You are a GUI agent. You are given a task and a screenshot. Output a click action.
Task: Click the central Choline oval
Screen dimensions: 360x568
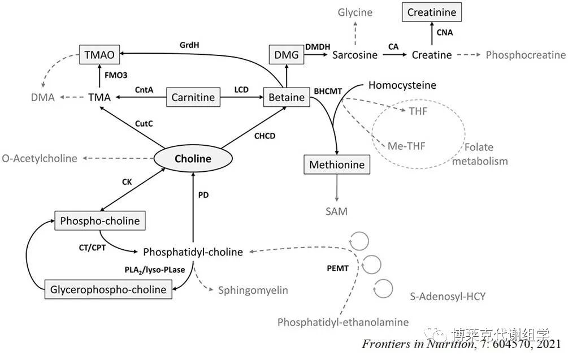point(193,159)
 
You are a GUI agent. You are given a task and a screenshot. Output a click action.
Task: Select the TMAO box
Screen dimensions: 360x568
point(99,55)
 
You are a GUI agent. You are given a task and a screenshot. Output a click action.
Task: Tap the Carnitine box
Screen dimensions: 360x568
point(193,97)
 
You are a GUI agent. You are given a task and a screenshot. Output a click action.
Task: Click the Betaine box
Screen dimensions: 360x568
point(287,97)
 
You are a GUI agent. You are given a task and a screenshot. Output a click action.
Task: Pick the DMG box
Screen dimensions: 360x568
point(287,55)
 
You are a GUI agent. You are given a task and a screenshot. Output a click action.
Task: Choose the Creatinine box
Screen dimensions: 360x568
point(431,12)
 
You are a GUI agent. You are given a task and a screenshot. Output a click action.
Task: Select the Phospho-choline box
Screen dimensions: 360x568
point(99,220)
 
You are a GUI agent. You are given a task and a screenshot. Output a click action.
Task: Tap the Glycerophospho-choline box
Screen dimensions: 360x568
point(109,289)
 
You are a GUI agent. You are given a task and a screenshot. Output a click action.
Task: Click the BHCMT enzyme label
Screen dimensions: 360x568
point(327,91)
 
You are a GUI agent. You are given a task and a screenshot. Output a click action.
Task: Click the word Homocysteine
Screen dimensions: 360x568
point(402,85)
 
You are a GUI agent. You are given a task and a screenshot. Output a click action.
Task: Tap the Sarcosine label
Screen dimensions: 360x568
point(354,55)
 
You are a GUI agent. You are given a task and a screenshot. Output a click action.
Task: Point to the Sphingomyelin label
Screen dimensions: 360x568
point(253,290)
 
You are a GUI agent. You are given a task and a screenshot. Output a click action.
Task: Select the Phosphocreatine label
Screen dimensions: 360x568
point(525,55)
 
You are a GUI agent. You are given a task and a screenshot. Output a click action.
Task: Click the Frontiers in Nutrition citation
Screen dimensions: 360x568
point(461,344)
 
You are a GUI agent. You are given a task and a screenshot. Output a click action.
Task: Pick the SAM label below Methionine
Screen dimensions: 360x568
point(336,211)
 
